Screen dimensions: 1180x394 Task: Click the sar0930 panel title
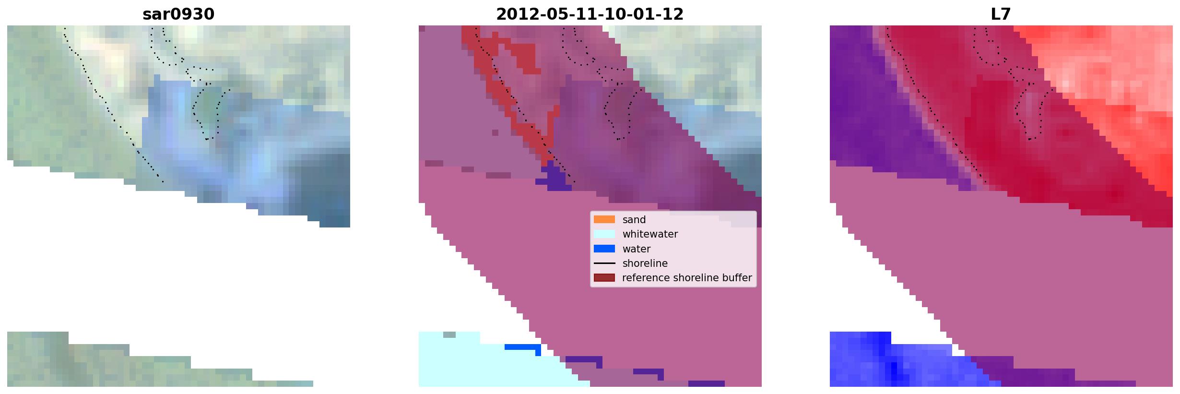pos(178,14)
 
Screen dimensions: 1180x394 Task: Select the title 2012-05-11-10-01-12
pos(590,14)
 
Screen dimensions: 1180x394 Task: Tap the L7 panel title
pos(1001,14)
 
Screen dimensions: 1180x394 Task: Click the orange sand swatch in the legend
pos(604,219)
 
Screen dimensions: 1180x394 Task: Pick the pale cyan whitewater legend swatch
pos(604,234)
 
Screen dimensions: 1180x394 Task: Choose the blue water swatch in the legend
pos(604,249)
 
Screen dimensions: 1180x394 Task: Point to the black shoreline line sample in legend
pos(604,263)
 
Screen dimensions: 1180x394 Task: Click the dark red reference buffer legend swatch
pos(604,278)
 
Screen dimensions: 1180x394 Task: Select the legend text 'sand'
pos(634,220)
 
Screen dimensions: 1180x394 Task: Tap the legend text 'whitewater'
pos(650,234)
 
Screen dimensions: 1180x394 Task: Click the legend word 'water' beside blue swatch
pos(637,249)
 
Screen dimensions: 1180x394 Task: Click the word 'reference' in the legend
pos(646,278)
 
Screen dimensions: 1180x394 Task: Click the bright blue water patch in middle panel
pos(523,347)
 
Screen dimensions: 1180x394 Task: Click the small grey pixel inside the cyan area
pos(449,334)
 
